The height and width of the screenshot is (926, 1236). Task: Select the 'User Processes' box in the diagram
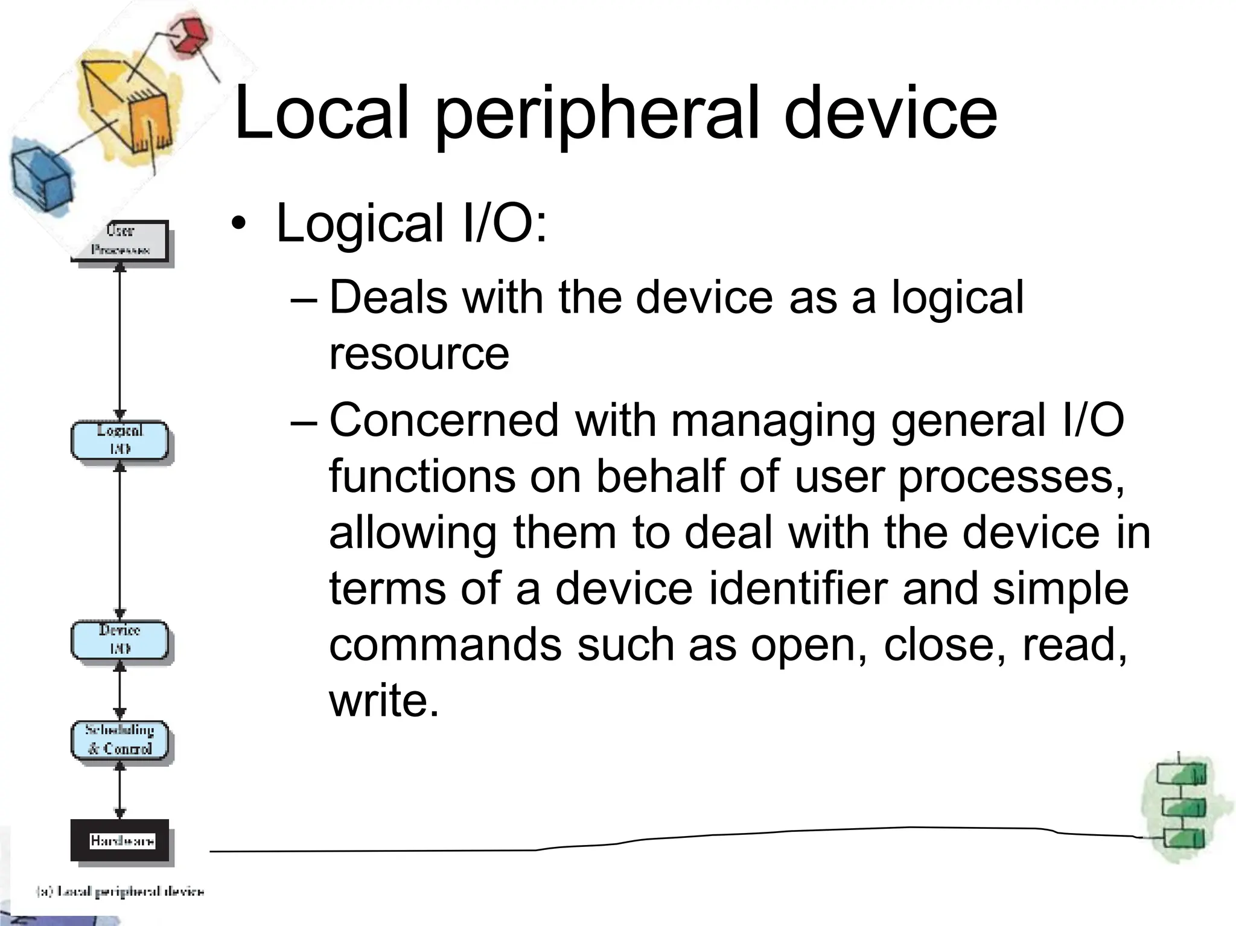(x=120, y=241)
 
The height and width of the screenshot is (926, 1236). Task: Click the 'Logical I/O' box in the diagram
(x=119, y=440)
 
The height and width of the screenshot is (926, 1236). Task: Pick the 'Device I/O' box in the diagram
(x=119, y=640)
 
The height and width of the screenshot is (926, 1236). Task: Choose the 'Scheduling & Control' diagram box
(x=119, y=739)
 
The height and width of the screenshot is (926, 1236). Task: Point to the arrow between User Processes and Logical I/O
(x=120, y=341)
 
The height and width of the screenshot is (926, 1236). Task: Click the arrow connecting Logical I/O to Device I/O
(x=120, y=540)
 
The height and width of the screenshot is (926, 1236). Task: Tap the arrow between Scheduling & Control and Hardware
(x=120, y=792)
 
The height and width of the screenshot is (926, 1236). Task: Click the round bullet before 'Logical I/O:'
(x=239, y=223)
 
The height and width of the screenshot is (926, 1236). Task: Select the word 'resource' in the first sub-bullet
(x=419, y=354)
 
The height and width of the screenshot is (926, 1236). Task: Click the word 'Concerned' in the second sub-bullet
(x=444, y=420)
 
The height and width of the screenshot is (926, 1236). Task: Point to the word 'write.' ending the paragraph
(x=384, y=701)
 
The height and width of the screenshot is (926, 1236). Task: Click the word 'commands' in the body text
(x=445, y=645)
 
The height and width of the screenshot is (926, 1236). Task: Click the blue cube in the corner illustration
(x=41, y=177)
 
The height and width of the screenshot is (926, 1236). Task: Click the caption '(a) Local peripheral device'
(x=120, y=891)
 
